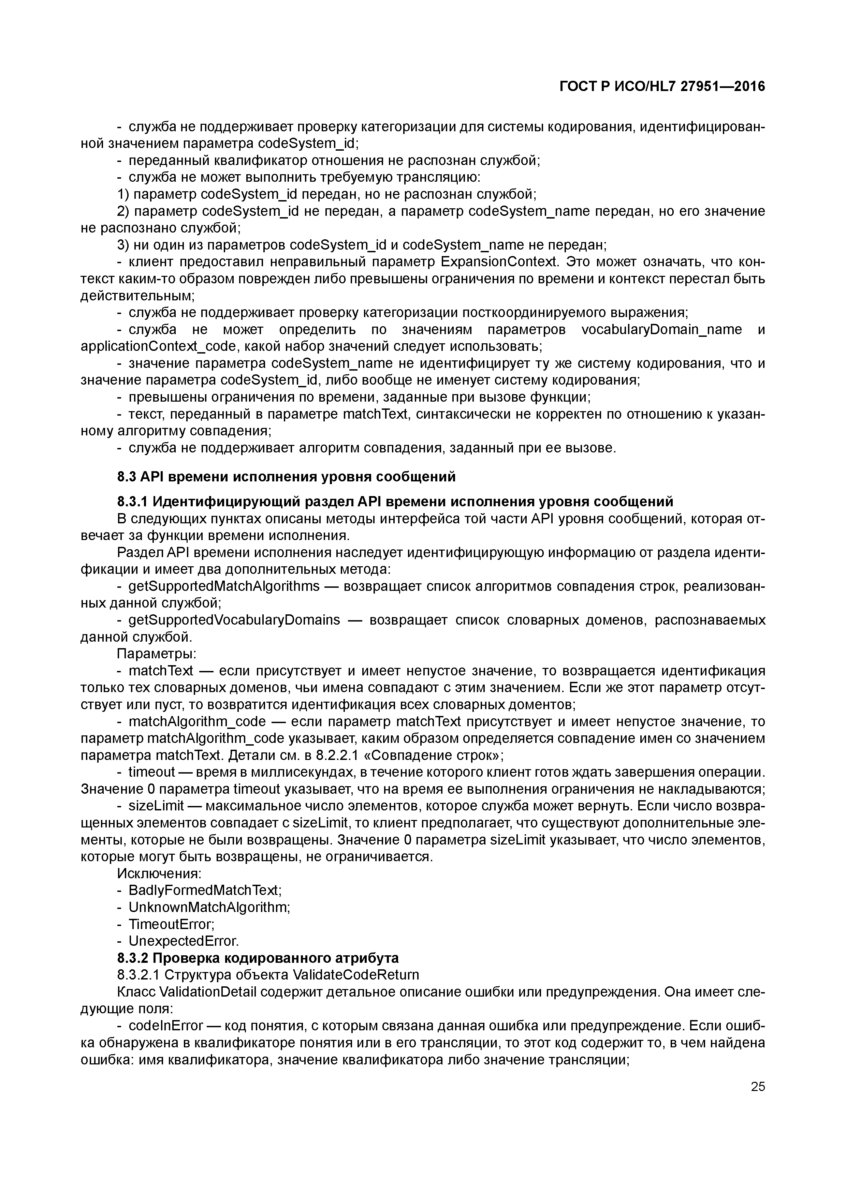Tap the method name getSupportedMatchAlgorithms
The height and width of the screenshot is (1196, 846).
[224, 586]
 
